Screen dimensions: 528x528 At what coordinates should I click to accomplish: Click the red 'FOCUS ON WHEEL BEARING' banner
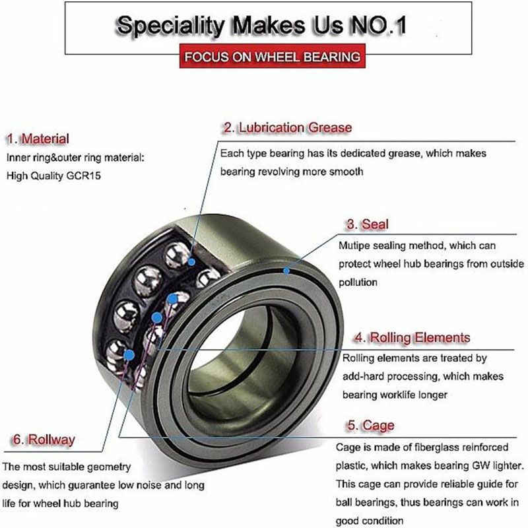[x=272, y=56]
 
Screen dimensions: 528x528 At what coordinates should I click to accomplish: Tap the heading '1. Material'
[x=38, y=139]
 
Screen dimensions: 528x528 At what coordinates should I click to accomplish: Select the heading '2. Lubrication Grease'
[x=288, y=127]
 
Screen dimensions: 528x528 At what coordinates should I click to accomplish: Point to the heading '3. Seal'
[x=368, y=224]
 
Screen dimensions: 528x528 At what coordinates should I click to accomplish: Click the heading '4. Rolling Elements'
[x=412, y=337]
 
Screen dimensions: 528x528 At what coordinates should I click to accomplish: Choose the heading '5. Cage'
[x=371, y=425]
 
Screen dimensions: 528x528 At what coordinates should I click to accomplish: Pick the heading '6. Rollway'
[x=44, y=440]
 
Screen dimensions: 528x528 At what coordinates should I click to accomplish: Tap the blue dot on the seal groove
[x=286, y=271]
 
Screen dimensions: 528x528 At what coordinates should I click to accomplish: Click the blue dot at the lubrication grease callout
[x=191, y=261]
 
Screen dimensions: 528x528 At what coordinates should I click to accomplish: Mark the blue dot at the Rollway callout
[x=129, y=354]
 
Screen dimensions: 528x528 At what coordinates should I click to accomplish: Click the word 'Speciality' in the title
[x=171, y=26]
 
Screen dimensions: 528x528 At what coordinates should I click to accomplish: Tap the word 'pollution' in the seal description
[x=358, y=282]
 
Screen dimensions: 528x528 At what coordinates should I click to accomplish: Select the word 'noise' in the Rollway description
[x=147, y=485]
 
